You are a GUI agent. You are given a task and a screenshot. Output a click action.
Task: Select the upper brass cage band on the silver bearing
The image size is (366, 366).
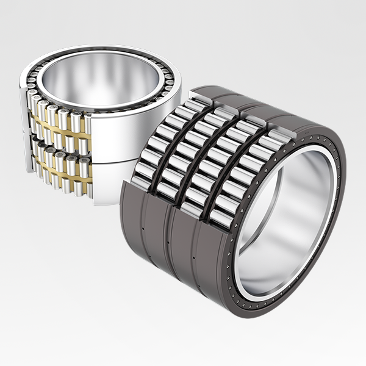pyautogui.click(x=58, y=128)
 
